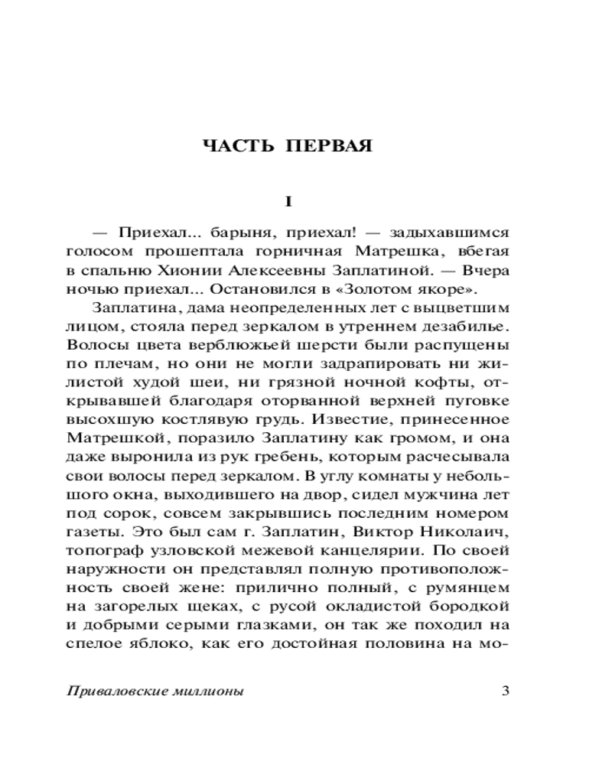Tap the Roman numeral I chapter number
pyautogui.click(x=288, y=202)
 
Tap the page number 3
pyautogui.click(x=504, y=692)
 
